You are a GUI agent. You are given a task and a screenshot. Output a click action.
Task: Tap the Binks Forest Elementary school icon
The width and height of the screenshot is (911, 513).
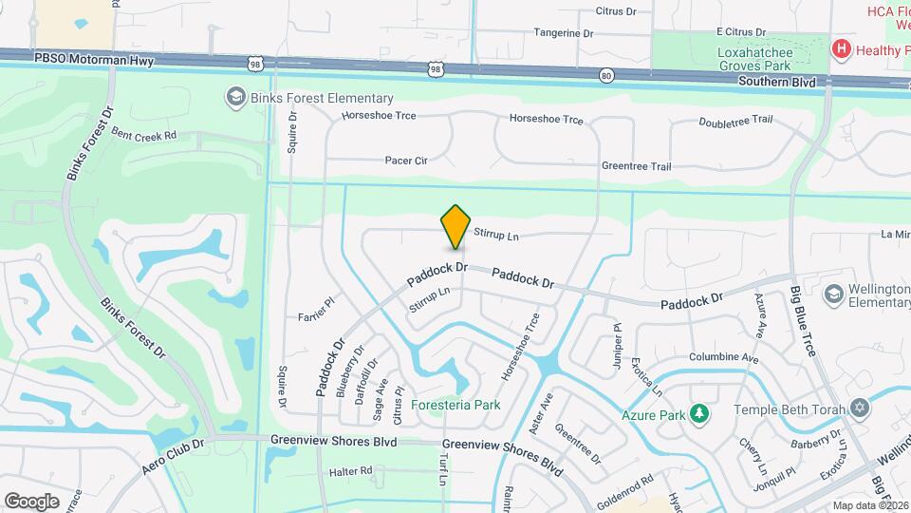tap(233, 97)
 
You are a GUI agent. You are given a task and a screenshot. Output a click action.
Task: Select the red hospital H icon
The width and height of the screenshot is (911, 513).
tap(840, 48)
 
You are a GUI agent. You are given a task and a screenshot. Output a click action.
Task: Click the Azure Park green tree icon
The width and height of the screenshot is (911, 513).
tap(699, 413)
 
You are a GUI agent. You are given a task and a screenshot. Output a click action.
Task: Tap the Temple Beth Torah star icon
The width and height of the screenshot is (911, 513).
tap(860, 408)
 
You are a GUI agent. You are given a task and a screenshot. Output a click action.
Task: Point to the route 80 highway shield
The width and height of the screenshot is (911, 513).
tap(606, 75)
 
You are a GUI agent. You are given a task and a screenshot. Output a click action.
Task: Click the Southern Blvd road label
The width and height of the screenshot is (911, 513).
tap(777, 83)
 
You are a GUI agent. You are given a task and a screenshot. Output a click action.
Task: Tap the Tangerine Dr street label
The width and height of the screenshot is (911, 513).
tap(563, 32)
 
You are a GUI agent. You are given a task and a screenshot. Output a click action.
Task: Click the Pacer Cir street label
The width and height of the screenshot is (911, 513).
tap(406, 161)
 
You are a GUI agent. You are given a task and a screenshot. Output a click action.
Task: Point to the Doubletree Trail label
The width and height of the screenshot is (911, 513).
tap(735, 122)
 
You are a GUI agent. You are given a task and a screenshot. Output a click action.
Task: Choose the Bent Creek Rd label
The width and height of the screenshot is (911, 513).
tap(144, 135)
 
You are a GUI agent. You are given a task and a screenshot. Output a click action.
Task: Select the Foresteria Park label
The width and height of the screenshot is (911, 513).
tap(461, 405)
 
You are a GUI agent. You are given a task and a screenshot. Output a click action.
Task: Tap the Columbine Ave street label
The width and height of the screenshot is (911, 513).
tap(724, 359)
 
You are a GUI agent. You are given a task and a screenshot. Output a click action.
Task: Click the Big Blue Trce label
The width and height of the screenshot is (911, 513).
tap(803, 324)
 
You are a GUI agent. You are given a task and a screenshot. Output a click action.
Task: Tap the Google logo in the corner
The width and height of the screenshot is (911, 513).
tap(31, 501)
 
